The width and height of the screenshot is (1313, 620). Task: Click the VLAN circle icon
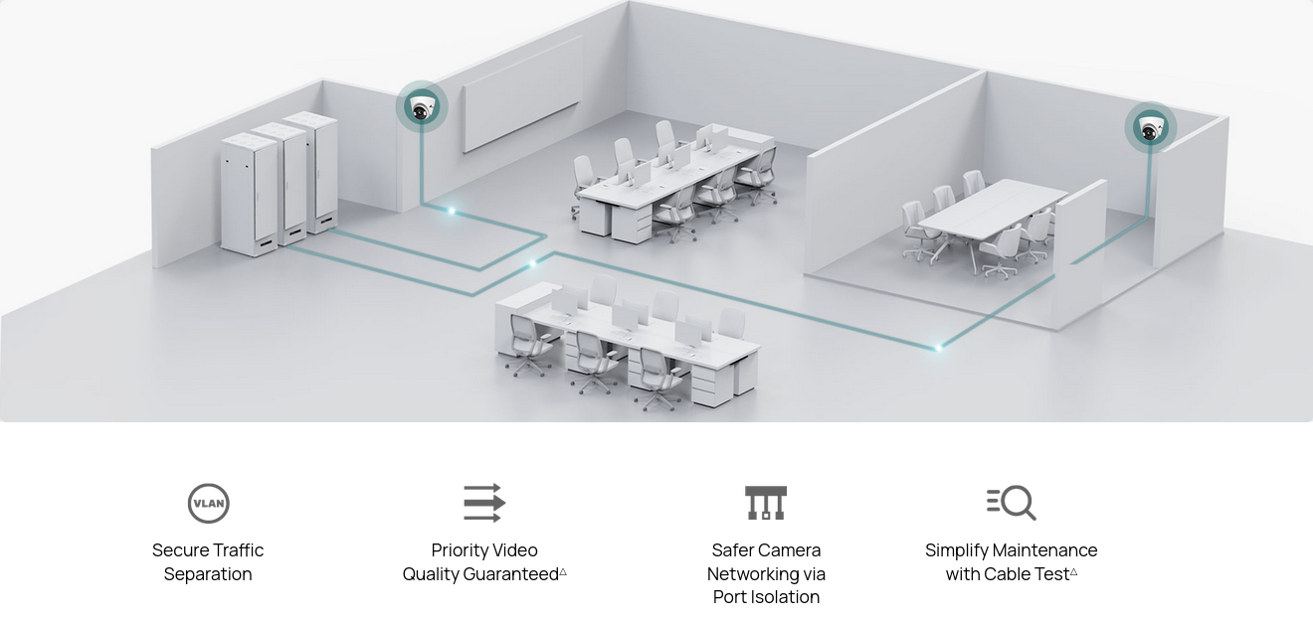[x=208, y=503]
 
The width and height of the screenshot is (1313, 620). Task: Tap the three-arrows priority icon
[x=484, y=503]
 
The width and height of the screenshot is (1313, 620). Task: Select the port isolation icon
[x=766, y=503]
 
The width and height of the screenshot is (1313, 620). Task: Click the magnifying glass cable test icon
[x=1012, y=503]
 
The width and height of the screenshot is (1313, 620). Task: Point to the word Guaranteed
[x=510, y=574]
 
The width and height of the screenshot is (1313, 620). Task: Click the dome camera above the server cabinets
[x=422, y=107]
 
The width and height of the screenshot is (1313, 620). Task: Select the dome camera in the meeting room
[x=1151, y=128]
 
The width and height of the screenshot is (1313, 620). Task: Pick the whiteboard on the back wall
[x=521, y=94]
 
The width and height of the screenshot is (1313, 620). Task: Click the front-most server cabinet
[x=249, y=195]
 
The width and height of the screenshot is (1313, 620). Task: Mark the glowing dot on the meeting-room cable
[x=938, y=348]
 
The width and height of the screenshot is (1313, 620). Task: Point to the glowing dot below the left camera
[x=452, y=211]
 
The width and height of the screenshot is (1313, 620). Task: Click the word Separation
[x=208, y=574]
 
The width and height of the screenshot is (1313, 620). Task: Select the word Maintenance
[x=1046, y=550]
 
